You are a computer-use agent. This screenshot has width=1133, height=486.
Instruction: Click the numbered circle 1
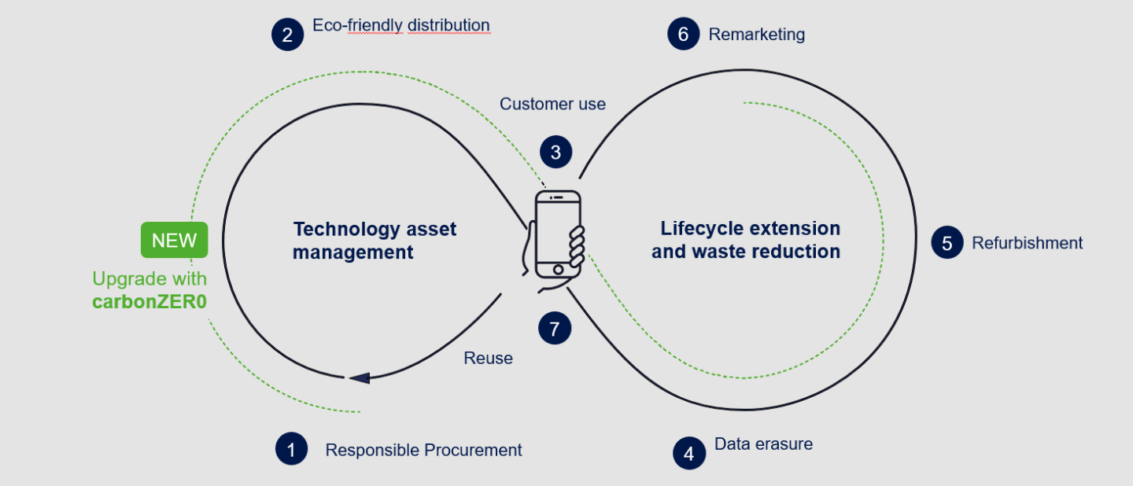click(x=291, y=449)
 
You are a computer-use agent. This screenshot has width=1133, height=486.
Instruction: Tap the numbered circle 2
click(x=287, y=35)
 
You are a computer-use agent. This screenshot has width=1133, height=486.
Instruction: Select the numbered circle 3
click(x=555, y=152)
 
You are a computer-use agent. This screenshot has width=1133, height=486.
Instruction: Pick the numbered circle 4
click(x=689, y=454)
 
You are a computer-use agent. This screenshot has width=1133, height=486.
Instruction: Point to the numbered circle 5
click(x=947, y=243)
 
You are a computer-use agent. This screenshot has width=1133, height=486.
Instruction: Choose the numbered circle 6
click(x=683, y=35)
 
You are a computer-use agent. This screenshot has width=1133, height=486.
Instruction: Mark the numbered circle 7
click(x=555, y=329)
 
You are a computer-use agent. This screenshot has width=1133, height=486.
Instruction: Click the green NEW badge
click(x=175, y=240)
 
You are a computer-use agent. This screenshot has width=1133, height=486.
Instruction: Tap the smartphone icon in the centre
click(x=558, y=234)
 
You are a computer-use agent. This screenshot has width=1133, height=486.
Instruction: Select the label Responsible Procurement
click(x=423, y=450)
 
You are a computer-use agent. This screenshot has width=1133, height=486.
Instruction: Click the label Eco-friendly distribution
click(x=401, y=25)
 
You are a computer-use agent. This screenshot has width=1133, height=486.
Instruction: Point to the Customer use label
click(x=552, y=104)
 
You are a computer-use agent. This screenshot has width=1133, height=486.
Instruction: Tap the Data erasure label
click(x=763, y=444)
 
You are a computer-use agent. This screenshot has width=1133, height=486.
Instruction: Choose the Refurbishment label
click(x=1027, y=243)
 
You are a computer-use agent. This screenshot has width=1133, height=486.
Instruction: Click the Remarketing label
click(x=756, y=35)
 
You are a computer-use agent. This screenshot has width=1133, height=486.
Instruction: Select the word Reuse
click(x=488, y=359)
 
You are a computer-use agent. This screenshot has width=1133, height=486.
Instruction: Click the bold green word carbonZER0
click(x=149, y=302)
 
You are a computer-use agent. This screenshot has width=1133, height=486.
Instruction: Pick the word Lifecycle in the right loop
click(x=699, y=229)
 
